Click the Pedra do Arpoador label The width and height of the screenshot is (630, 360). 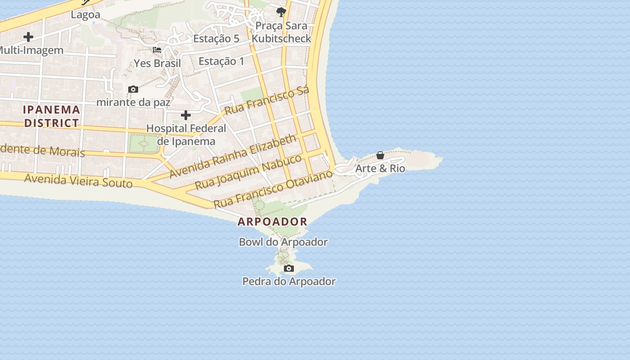click(x=289, y=282)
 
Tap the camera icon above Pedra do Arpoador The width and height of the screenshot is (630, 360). click(x=289, y=269)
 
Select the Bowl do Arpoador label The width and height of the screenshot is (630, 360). click(x=283, y=242)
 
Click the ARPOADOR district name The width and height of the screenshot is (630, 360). click(x=273, y=221)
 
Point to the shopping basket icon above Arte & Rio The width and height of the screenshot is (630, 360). click(x=380, y=155)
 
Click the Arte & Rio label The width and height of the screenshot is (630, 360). click(x=380, y=169)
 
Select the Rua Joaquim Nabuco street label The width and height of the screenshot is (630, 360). click(x=248, y=172)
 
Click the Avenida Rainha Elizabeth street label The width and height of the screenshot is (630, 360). click(x=233, y=156)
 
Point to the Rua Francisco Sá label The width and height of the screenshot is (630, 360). click(x=267, y=100)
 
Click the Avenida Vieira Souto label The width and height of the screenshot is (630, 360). click(x=78, y=181)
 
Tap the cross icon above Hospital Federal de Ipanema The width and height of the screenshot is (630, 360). click(x=185, y=116)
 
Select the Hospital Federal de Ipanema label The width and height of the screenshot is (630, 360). click(x=186, y=135)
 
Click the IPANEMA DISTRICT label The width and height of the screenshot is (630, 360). click(x=51, y=116)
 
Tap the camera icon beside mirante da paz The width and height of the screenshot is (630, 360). click(x=133, y=90)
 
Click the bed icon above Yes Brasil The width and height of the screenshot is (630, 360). click(x=157, y=50)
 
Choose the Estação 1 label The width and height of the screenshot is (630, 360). click(x=221, y=61)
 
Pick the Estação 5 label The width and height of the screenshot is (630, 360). click(x=216, y=39)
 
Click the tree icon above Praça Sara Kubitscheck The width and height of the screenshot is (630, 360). click(x=281, y=11)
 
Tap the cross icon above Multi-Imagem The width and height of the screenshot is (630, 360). click(x=28, y=37)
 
